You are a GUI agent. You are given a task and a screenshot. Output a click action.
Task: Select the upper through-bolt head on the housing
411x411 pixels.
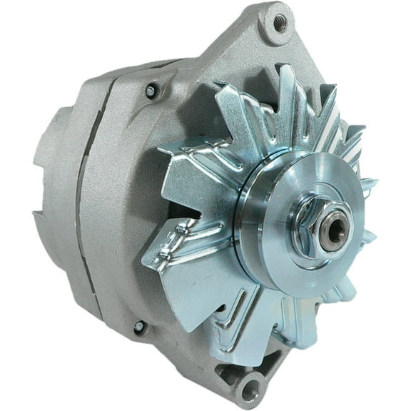[151, 90]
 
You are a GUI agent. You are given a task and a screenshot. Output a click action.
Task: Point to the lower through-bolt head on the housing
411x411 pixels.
[140, 328]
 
